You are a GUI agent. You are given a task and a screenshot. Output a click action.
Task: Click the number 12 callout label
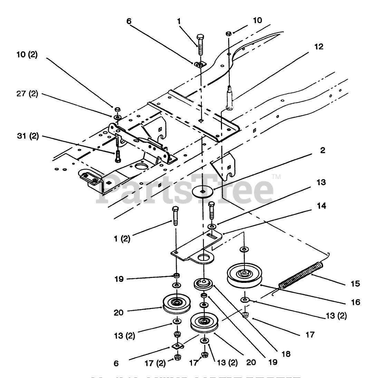tap(319, 47)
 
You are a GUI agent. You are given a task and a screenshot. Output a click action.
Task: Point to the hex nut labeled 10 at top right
tap(228, 33)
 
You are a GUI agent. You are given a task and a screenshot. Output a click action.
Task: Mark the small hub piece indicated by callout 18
tap(204, 283)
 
